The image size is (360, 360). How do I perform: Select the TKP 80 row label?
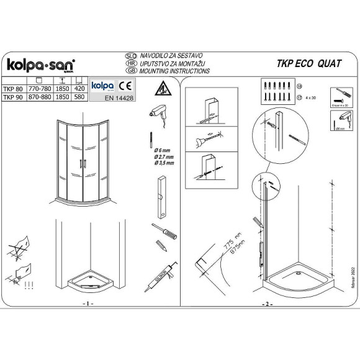(11, 89)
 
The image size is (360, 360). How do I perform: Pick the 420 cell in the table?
(79, 89)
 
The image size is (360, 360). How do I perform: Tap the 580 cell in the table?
(79, 98)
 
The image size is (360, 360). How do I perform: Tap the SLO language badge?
(131, 55)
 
